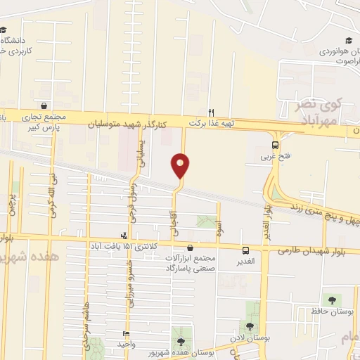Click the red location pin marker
click(x=180, y=166)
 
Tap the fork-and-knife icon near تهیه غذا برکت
click(x=211, y=112)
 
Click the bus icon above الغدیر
click(x=245, y=251)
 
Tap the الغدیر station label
click(x=245, y=262)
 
